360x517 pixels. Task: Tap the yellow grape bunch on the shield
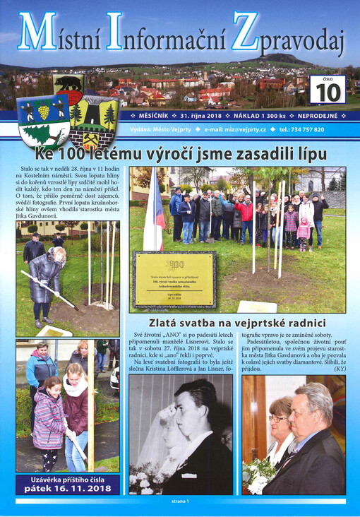point(43,112)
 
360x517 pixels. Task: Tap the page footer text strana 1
point(180,501)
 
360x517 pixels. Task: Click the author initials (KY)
point(340,367)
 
